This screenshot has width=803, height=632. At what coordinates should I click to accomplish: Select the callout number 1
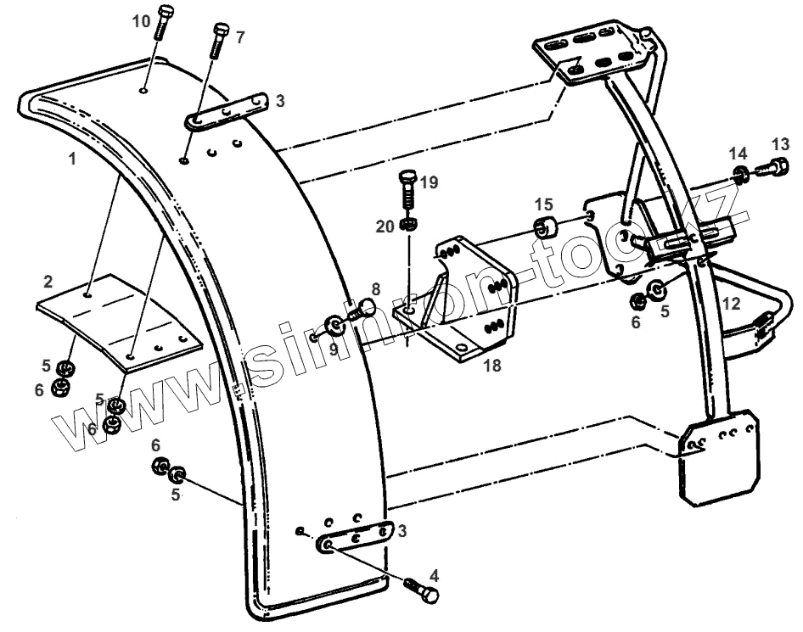(73, 159)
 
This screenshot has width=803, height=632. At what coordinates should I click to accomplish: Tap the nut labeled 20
(410, 225)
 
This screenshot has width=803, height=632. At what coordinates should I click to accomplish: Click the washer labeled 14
(741, 176)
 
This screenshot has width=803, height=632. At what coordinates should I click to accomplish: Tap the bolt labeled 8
(364, 307)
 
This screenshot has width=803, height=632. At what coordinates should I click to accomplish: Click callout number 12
(732, 303)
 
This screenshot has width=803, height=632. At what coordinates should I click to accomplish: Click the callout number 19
(430, 182)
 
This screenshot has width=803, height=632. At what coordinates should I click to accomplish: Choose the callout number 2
(49, 281)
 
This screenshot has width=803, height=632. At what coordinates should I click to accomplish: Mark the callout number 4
(435, 574)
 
